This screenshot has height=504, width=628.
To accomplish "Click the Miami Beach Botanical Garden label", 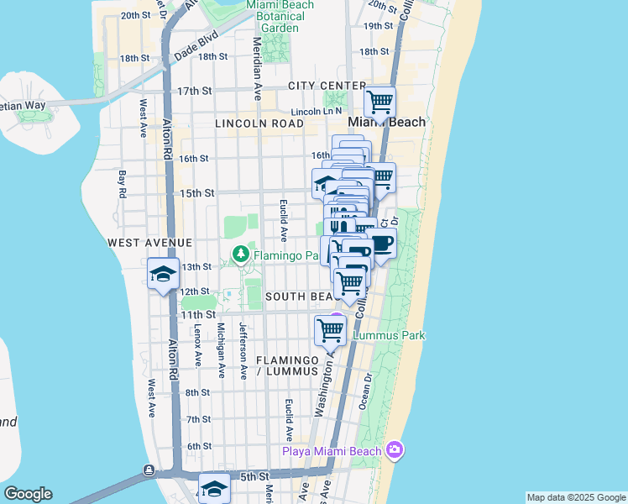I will point(280,16).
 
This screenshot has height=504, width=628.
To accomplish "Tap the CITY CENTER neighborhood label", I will point(327,86).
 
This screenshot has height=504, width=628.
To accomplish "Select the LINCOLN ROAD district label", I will point(259,123).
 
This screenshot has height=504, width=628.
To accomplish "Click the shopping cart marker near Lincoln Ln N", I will point(380,102).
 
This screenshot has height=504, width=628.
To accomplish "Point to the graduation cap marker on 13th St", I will point(163,274).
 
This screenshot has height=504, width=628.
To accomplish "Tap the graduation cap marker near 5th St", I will point(214,489).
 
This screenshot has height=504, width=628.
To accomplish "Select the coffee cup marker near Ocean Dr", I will point(381,244).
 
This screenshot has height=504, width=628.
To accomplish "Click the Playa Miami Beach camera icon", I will point(395,451).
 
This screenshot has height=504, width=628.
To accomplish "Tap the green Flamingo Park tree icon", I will point(240,253).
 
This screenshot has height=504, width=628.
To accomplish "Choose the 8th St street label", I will point(197,392).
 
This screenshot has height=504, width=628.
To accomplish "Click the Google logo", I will point(28,494).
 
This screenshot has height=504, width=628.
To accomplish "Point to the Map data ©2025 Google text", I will point(576,497).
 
